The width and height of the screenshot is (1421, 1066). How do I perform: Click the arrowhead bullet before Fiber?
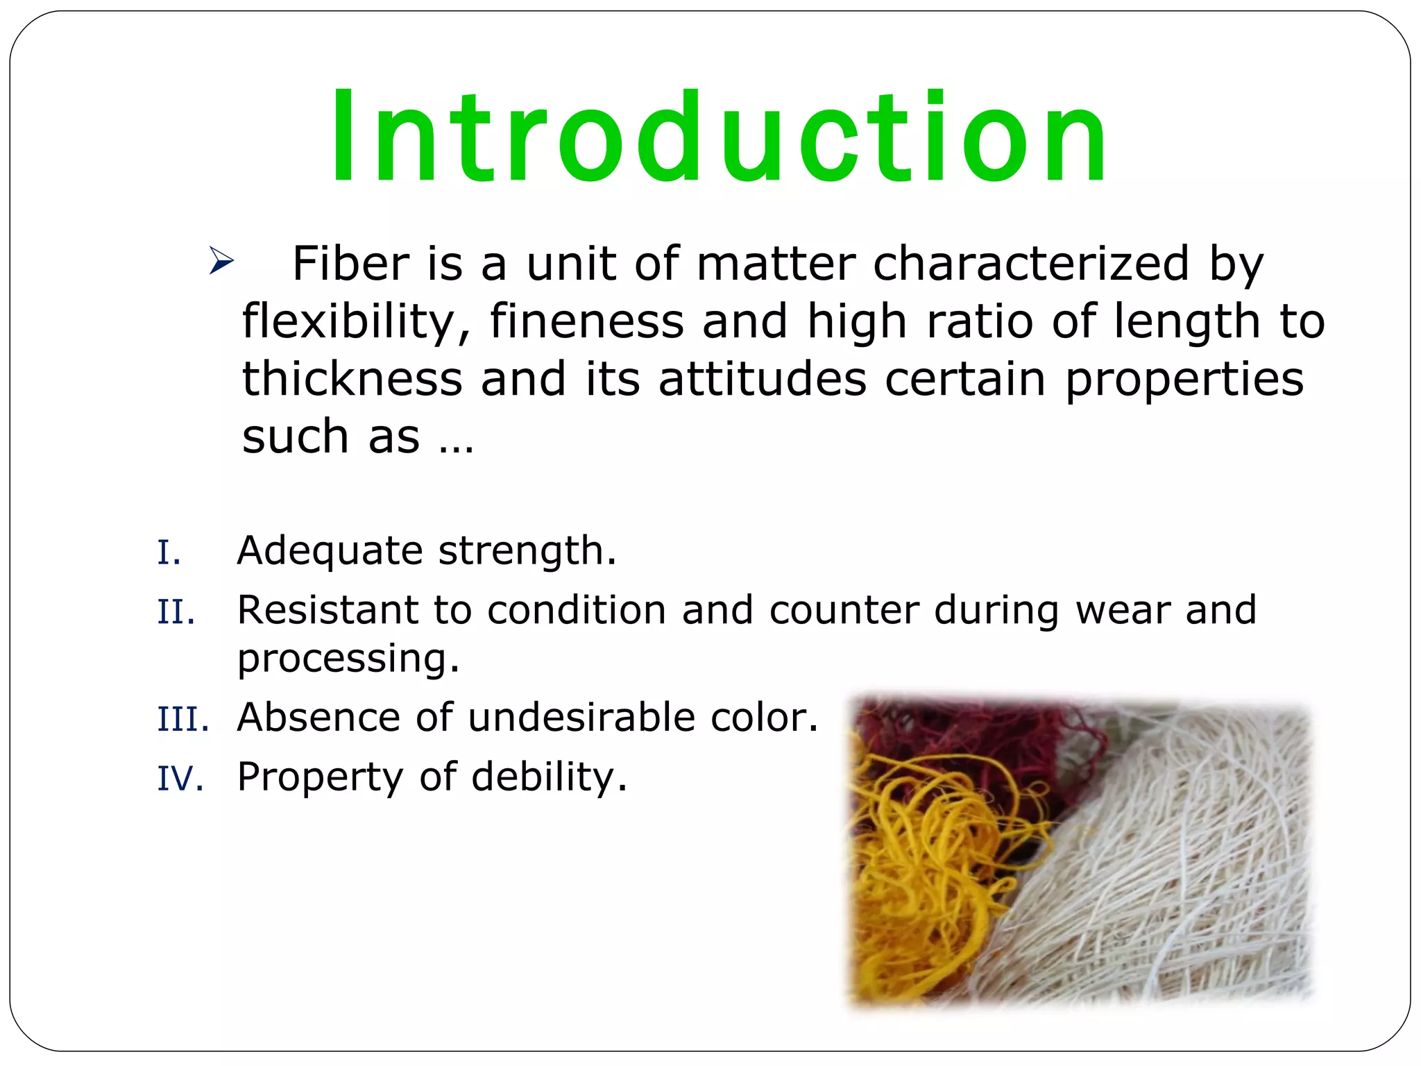pyautogui.click(x=221, y=262)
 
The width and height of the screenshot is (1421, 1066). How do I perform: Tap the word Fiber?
pyautogui.click(x=350, y=264)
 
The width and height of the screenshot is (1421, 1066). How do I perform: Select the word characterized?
pyautogui.click(x=1031, y=264)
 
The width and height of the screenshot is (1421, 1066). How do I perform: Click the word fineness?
pyautogui.click(x=587, y=321)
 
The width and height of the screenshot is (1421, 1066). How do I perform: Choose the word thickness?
pyautogui.click(x=352, y=379)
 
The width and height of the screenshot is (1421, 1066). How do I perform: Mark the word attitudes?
pyautogui.click(x=762, y=379)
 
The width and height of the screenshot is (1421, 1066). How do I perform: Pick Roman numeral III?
pyautogui.click(x=182, y=719)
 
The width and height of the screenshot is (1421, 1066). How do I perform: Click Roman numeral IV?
pyautogui.click(x=180, y=778)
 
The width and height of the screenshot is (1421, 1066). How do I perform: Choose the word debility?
pyautogui.click(x=549, y=777)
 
